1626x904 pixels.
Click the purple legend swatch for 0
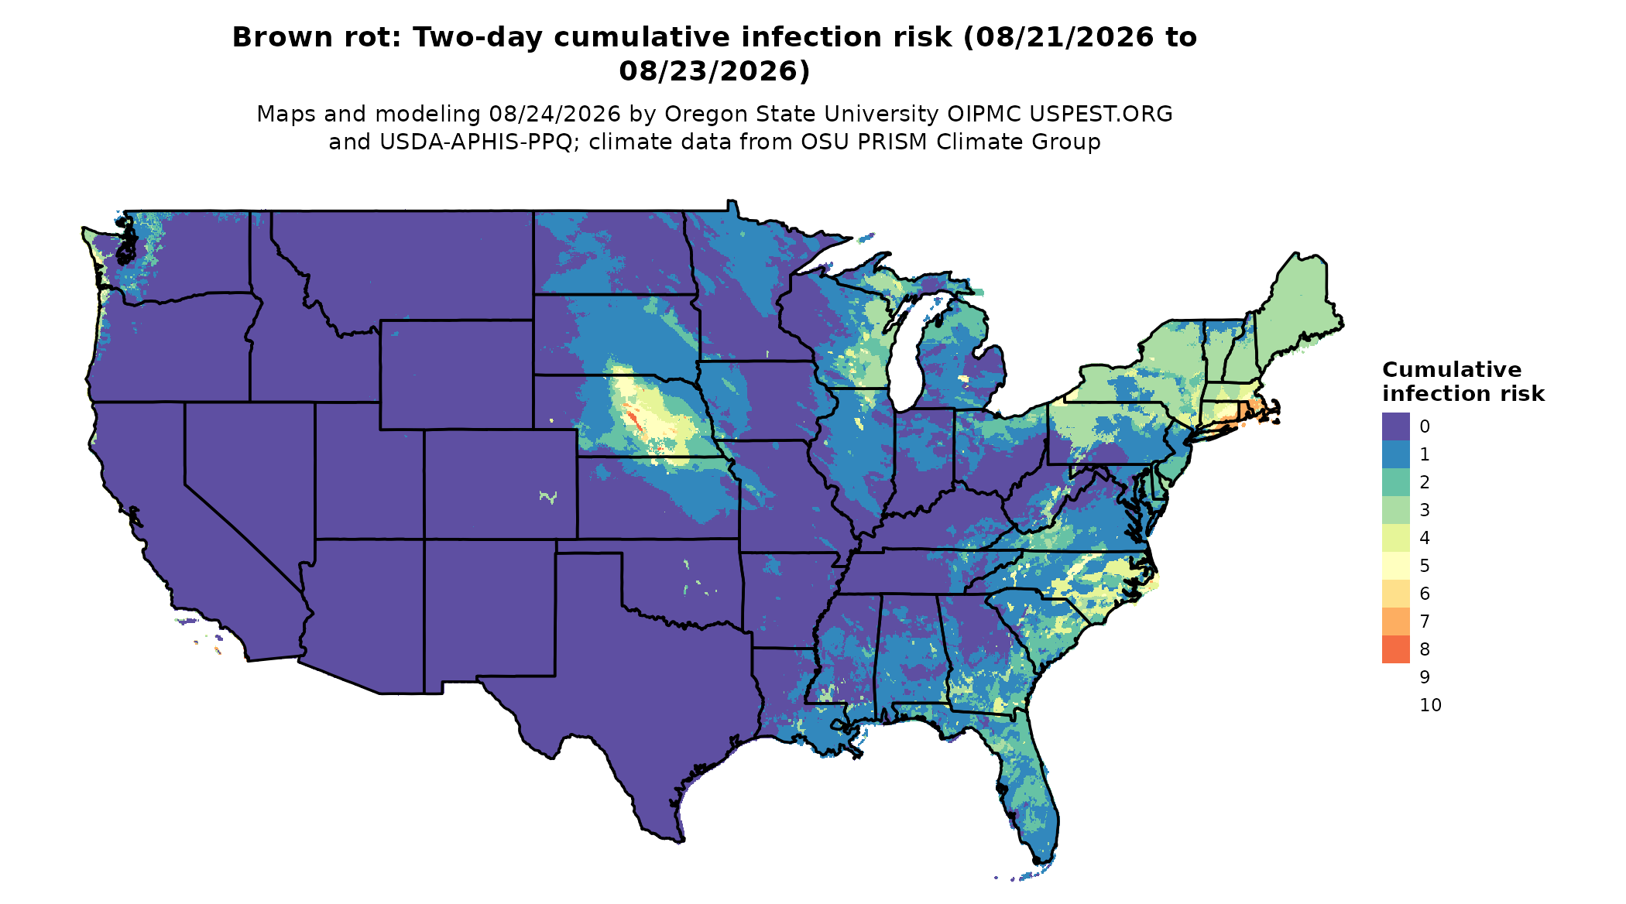click(x=1396, y=426)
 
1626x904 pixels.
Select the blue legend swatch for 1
click(x=1396, y=454)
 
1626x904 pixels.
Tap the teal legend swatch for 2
click(x=1396, y=482)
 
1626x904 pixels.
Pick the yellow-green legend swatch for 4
click(x=1396, y=538)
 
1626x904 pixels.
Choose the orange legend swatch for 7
click(x=1396, y=621)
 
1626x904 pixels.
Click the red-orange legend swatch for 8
click(x=1396, y=649)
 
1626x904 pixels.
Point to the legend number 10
click(x=1431, y=705)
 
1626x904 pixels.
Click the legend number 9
click(x=1425, y=677)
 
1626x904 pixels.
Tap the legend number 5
click(x=1425, y=566)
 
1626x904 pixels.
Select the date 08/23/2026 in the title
click(x=714, y=71)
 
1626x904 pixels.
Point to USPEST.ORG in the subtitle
click(x=1101, y=114)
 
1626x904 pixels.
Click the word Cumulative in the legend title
click(x=1452, y=370)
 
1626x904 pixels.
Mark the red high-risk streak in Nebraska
click(x=633, y=420)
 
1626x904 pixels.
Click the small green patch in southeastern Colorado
click(x=549, y=496)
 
